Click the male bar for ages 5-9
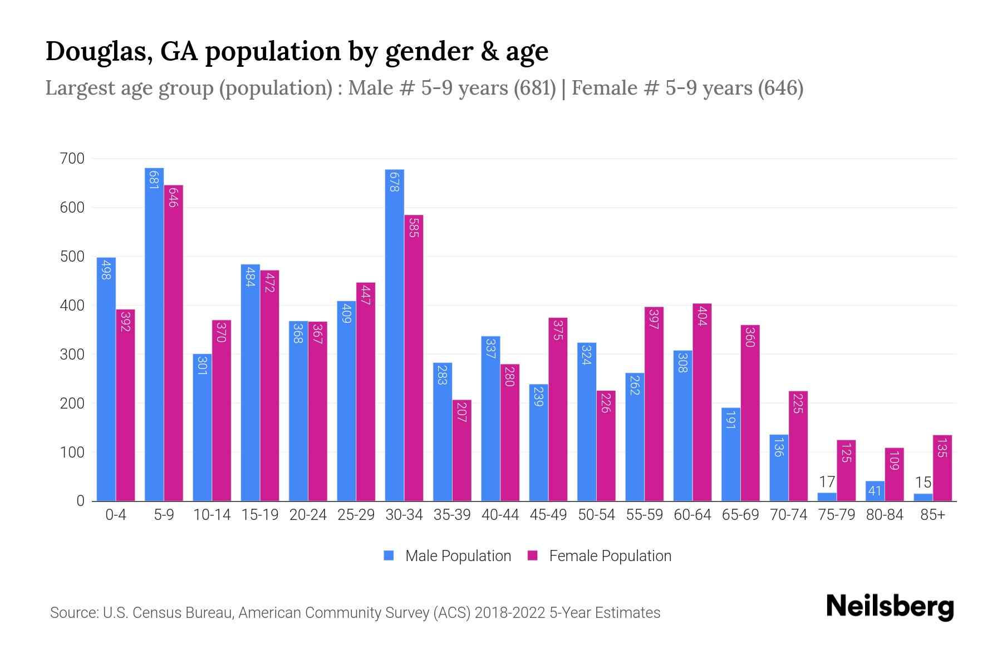tap(154, 334)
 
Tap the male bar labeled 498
tap(106, 379)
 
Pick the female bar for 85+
tap(942, 468)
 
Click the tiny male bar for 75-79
tap(827, 497)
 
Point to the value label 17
tap(827, 482)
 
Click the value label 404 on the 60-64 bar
tap(702, 316)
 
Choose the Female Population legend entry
tap(600, 556)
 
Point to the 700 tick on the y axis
tap(72, 159)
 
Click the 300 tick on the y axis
tap(72, 355)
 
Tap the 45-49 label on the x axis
tap(548, 515)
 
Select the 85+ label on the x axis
tap(932, 515)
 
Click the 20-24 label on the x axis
tap(308, 515)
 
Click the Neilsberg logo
tap(890, 607)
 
